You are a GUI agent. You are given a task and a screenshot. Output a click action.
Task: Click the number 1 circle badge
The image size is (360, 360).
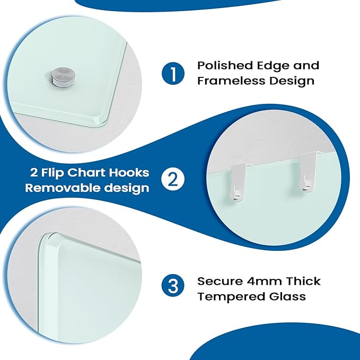(x=173, y=73)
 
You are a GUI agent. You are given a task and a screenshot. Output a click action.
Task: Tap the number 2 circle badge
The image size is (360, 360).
(x=173, y=180)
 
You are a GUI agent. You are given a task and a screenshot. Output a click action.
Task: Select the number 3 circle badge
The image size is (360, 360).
(x=173, y=288)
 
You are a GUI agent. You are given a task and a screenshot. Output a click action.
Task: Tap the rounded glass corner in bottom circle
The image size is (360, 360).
(x=46, y=241)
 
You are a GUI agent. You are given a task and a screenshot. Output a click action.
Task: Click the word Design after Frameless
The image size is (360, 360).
(x=294, y=81)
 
